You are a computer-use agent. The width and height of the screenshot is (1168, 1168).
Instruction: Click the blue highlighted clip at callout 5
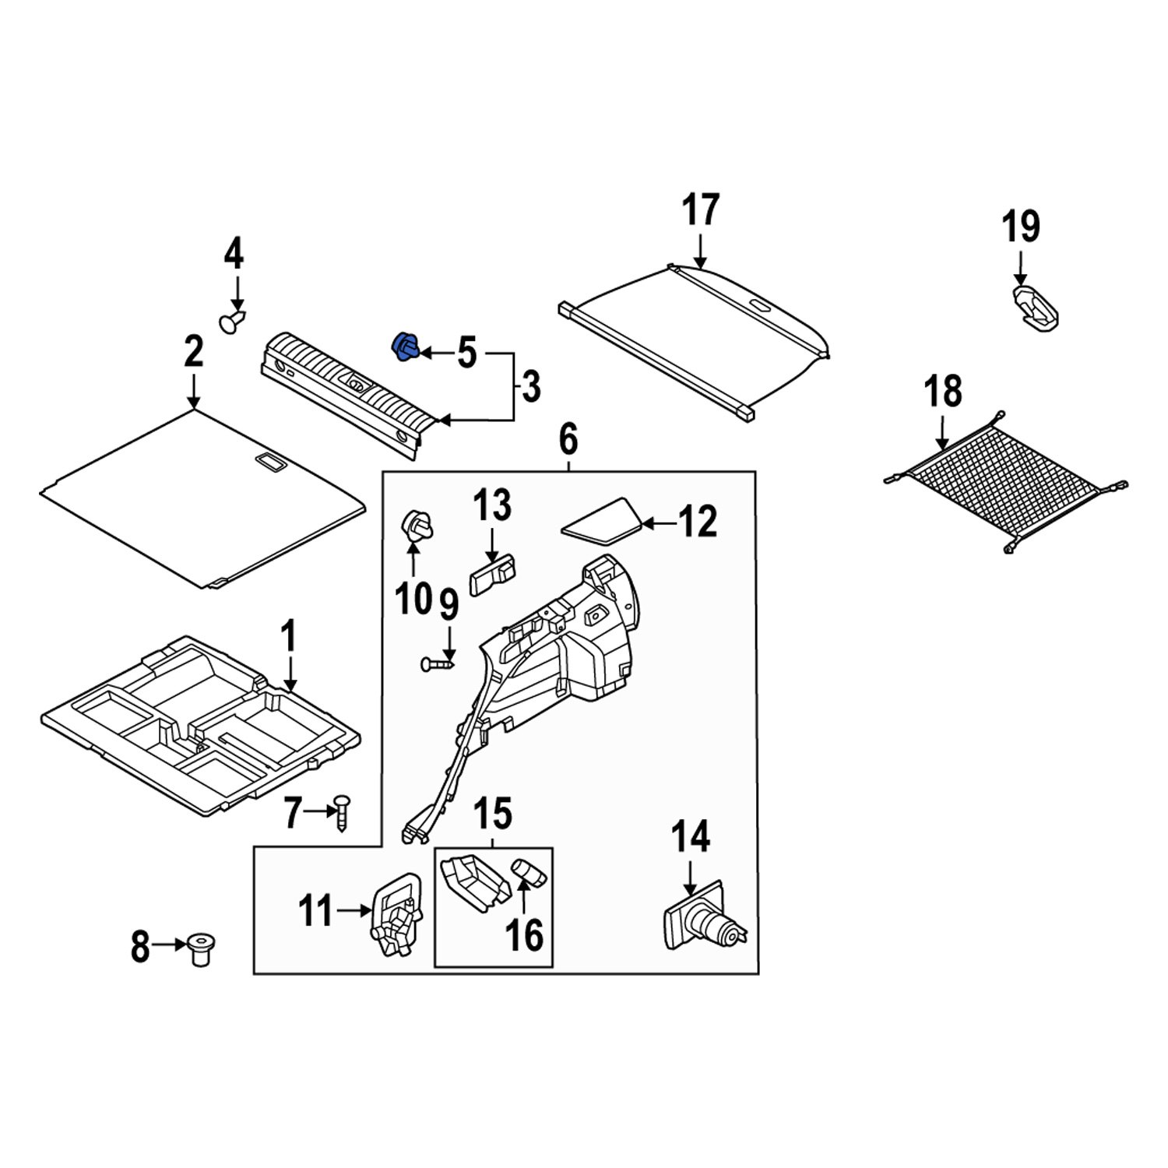[405, 347]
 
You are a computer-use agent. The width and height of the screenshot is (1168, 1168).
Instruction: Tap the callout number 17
[701, 211]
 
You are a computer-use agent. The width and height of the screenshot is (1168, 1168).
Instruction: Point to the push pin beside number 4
[231, 321]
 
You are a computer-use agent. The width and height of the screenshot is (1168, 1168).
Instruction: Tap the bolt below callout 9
[437, 664]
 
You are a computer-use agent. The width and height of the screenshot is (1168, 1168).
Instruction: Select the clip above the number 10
[415, 526]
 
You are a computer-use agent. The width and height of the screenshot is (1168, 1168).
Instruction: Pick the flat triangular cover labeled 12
[601, 520]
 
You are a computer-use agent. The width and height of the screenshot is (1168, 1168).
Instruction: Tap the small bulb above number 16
[529, 872]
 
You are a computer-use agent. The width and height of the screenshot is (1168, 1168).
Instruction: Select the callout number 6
[568, 441]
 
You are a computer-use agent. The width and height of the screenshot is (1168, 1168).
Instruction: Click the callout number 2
[193, 353]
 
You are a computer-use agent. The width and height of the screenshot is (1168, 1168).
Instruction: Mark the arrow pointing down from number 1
[290, 674]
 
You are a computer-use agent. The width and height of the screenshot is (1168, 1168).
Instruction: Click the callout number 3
[530, 387]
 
